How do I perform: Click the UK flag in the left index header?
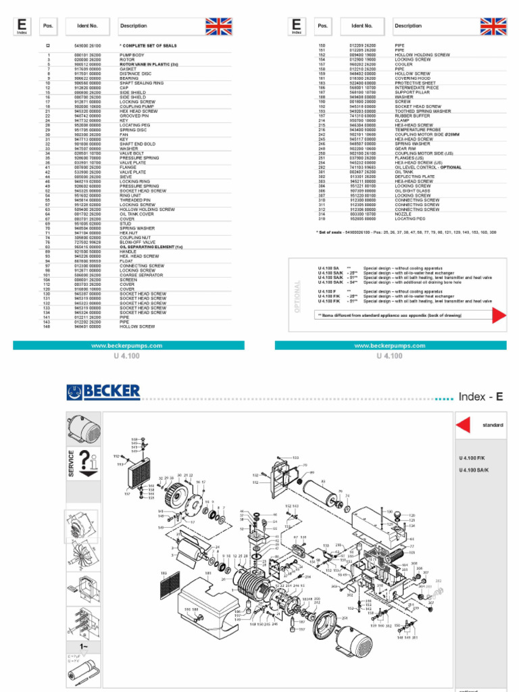(x=218, y=26)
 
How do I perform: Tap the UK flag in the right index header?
(x=493, y=26)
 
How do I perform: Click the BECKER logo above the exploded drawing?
(x=103, y=391)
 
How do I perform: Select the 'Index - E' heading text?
(x=480, y=397)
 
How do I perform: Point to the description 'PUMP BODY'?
(x=132, y=55)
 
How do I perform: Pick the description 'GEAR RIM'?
(x=405, y=149)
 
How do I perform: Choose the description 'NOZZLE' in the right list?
(x=404, y=214)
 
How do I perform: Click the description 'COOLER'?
(x=404, y=64)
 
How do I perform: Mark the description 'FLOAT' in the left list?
(x=127, y=261)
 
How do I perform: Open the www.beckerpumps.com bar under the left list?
(x=136, y=345)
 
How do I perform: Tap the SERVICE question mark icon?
(x=87, y=464)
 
